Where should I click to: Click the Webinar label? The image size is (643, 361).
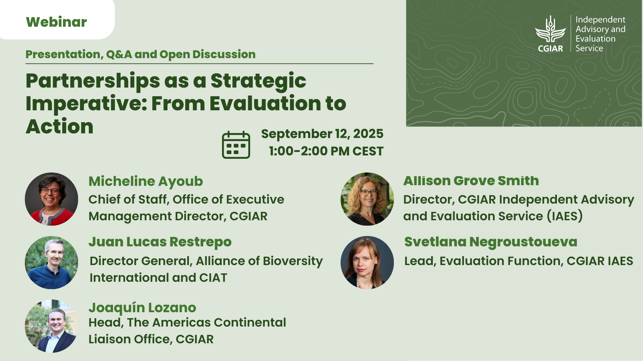coord(56,22)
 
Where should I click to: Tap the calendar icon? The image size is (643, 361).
coord(236,145)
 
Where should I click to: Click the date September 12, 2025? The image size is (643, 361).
coord(322,134)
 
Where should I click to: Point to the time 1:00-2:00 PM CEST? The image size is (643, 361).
coord(326,151)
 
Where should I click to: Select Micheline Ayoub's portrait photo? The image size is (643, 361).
coord(52,199)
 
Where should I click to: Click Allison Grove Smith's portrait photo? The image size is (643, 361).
coord(367,199)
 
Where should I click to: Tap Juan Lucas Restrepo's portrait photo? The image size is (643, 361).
coord(52,263)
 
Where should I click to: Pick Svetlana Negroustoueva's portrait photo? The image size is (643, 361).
coord(367,263)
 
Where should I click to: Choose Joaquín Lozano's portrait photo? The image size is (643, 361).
coord(52,326)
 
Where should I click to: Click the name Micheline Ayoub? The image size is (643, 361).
coord(146,182)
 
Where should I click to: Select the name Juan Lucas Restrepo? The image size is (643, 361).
coord(160,242)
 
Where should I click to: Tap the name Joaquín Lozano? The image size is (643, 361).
coord(142,308)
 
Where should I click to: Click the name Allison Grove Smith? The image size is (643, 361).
coord(471,181)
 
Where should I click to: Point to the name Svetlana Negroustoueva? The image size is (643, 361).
coord(491,242)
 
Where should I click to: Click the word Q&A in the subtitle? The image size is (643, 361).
coord(119,54)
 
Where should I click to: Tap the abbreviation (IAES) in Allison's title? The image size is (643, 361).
coord(565,216)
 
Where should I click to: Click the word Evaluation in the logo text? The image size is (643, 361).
coord(595,39)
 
